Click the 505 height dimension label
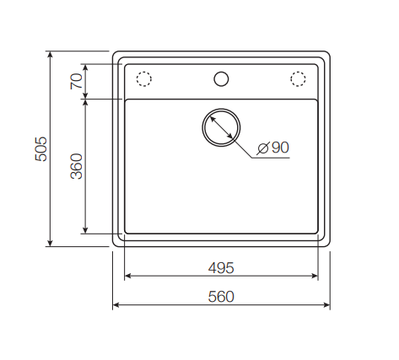40,149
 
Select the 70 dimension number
77,81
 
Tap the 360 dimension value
77,166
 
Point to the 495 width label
221,268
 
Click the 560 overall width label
221,297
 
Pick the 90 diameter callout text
280,148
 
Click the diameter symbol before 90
263,148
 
